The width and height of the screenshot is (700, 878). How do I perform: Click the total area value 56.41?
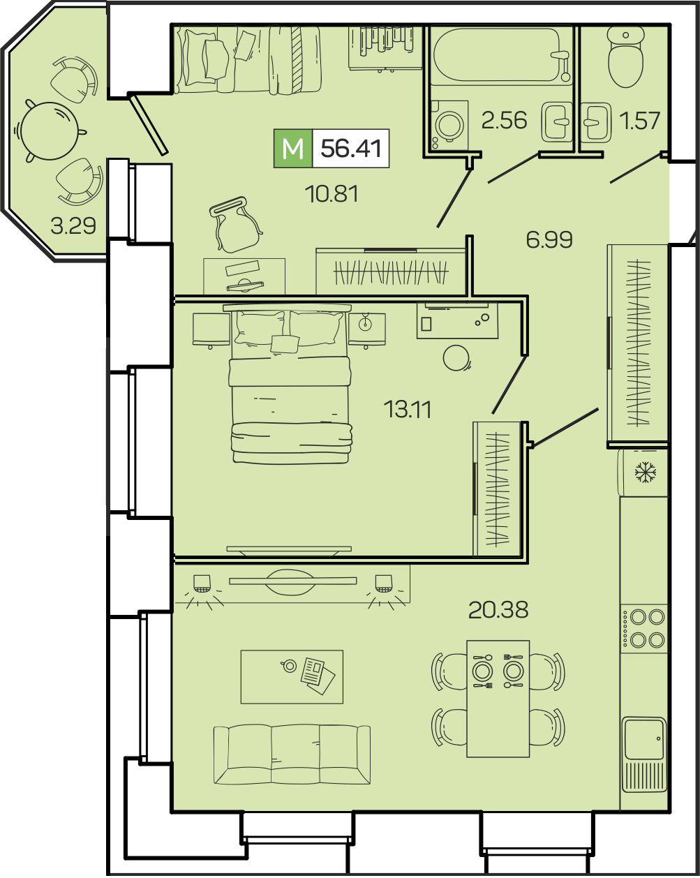pos(351,148)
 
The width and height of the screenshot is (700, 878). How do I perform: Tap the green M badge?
pos(293,148)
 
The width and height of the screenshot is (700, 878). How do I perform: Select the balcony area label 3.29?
pos(73,225)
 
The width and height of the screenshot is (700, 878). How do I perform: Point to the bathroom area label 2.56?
pos(504,120)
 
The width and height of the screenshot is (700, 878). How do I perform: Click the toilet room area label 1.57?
pos(639,121)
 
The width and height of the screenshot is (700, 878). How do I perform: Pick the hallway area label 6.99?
pos(549,240)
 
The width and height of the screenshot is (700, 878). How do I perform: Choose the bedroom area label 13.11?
pos(408,409)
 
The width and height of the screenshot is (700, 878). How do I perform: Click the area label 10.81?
pos(332,194)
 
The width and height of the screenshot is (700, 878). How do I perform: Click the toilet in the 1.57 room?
pos(626,57)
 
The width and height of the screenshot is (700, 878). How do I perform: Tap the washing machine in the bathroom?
pos(449,125)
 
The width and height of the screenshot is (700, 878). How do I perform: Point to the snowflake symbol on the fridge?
pos(646,473)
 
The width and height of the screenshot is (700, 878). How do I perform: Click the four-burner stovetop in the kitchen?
pos(644,628)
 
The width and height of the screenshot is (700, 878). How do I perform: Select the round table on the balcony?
pos(50,131)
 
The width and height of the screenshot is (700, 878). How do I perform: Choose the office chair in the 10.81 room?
pos(235,225)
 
